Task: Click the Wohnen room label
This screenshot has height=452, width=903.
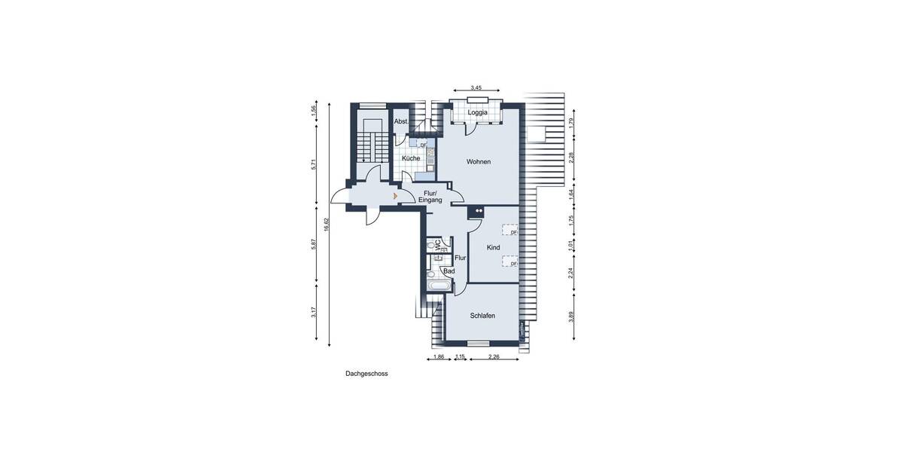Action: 479,162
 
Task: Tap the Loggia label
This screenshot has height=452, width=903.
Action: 477,113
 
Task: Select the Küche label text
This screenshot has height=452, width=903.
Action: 411,159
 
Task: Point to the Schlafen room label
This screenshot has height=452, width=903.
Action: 482,316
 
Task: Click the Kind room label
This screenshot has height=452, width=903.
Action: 494,248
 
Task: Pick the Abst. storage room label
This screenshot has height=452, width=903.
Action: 401,121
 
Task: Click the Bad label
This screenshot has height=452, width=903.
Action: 449,270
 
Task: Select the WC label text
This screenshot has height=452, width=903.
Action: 436,245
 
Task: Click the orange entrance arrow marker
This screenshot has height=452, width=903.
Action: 396,196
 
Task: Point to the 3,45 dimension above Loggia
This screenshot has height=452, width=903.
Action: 476,89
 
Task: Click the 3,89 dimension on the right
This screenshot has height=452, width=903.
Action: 571,316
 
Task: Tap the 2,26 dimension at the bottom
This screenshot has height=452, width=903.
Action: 494,356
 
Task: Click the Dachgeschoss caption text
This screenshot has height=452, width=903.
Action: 366,373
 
